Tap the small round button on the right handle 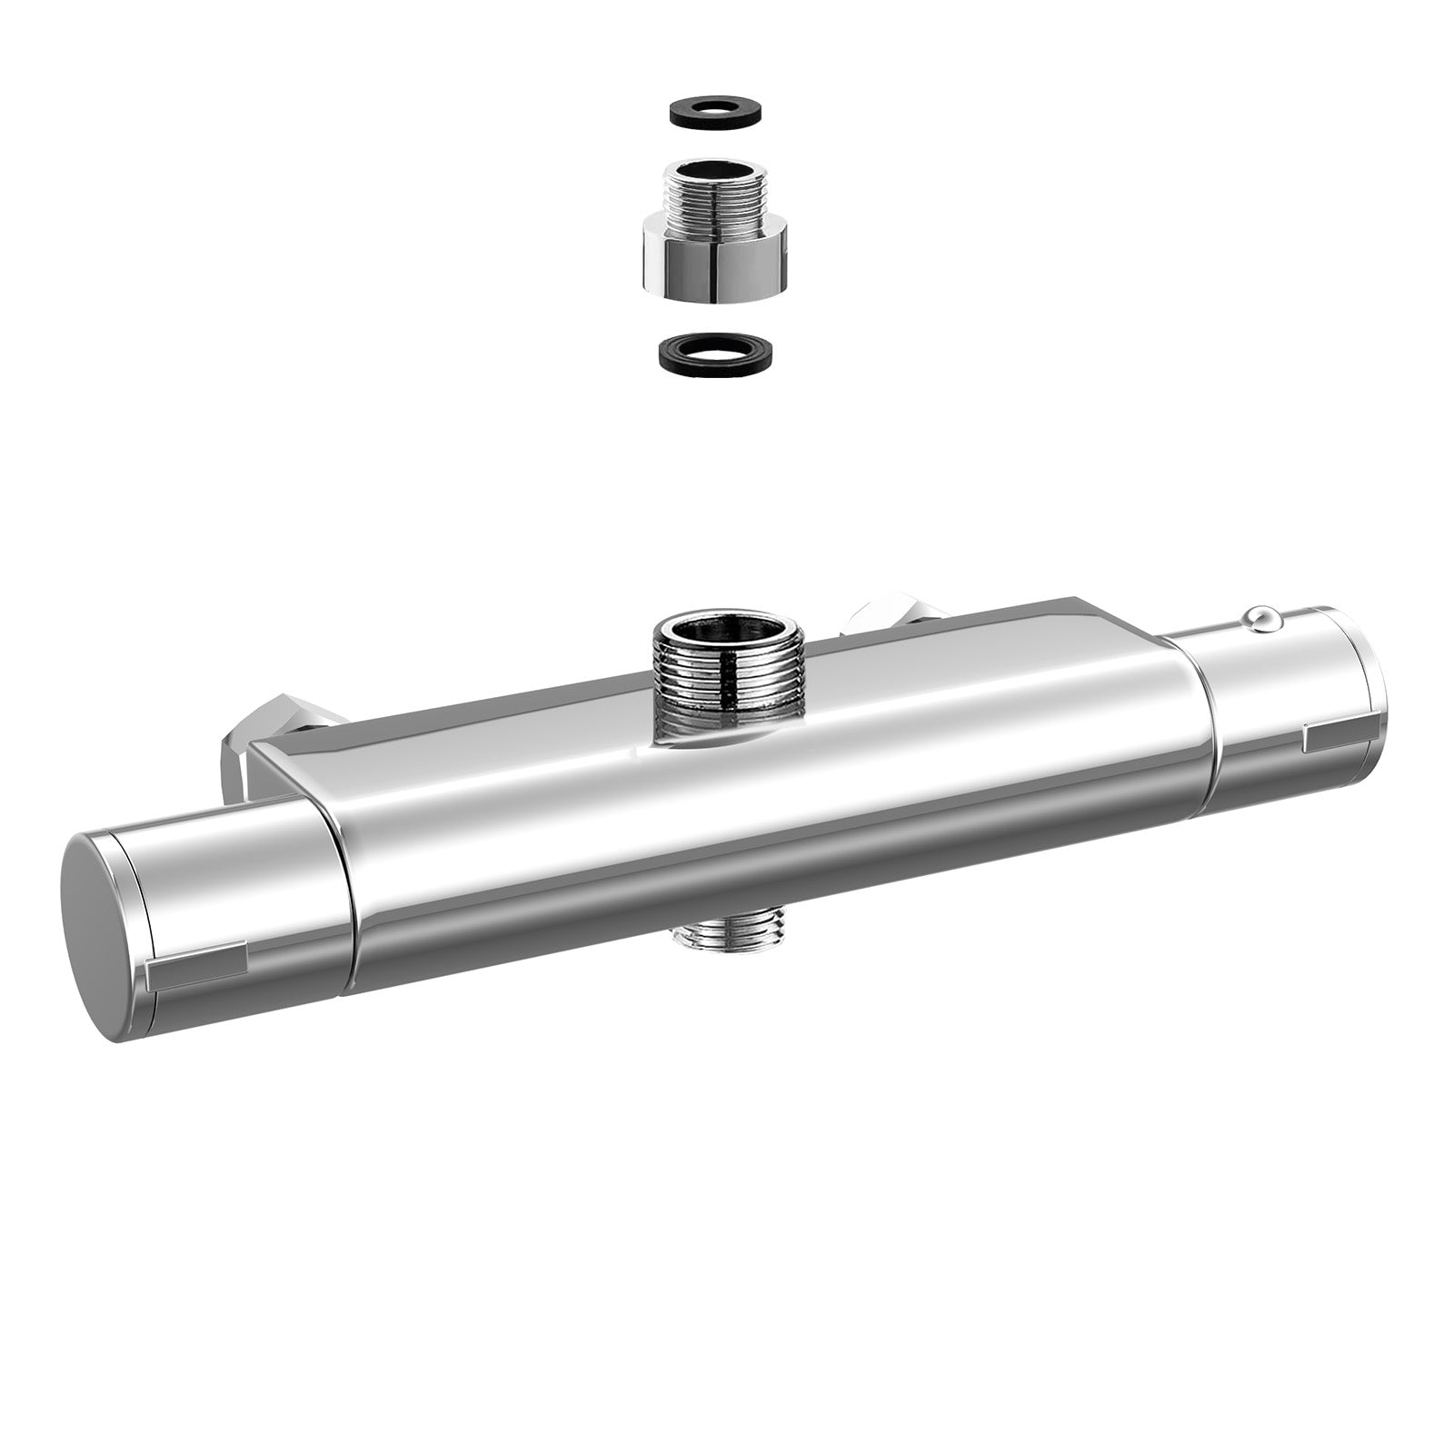pos(1262,618)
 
